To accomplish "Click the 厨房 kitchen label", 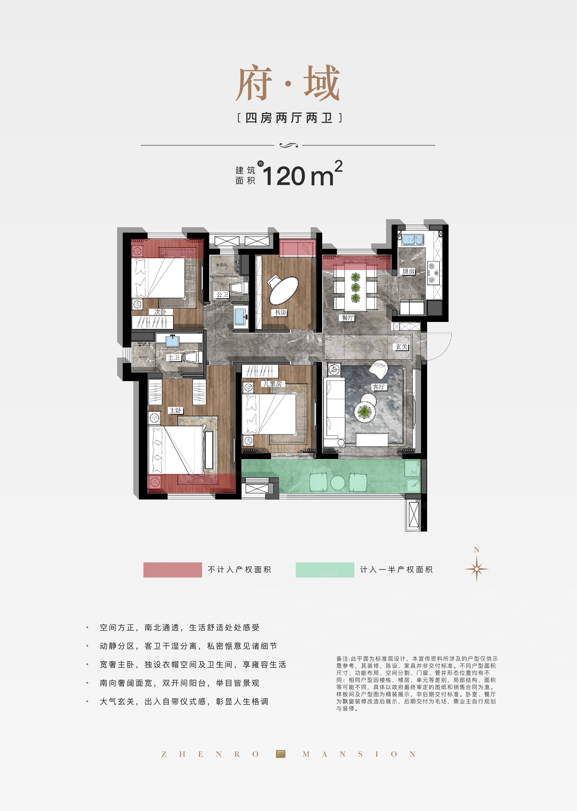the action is [x=408, y=271].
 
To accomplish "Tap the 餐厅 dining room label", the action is [x=348, y=318].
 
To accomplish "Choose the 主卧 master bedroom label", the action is [x=175, y=411].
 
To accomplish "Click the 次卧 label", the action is [x=160, y=312].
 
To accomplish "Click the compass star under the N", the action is [x=476, y=569].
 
